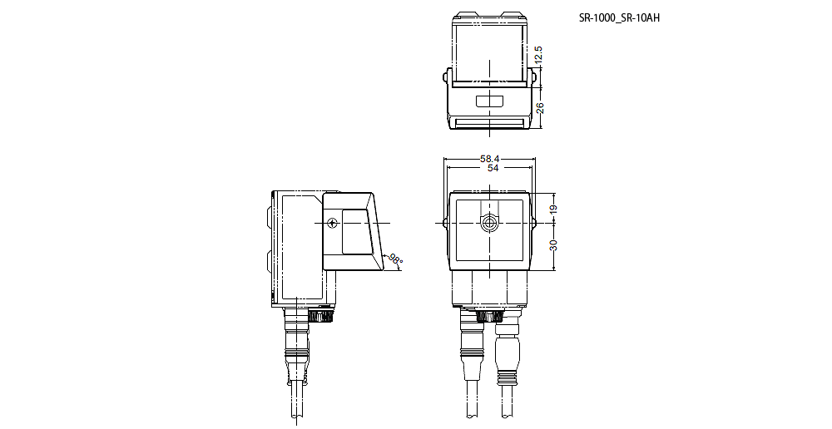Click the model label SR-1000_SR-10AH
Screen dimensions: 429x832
(x=619, y=18)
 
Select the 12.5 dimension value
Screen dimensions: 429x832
(x=539, y=55)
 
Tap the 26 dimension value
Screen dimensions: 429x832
(x=539, y=108)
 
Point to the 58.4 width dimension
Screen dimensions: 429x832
(x=489, y=158)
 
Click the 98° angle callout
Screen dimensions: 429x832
(x=396, y=259)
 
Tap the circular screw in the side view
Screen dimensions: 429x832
(x=333, y=223)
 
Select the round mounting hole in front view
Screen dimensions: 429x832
(x=489, y=223)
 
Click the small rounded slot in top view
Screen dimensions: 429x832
(x=489, y=102)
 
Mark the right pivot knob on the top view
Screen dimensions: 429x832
(x=532, y=78)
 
